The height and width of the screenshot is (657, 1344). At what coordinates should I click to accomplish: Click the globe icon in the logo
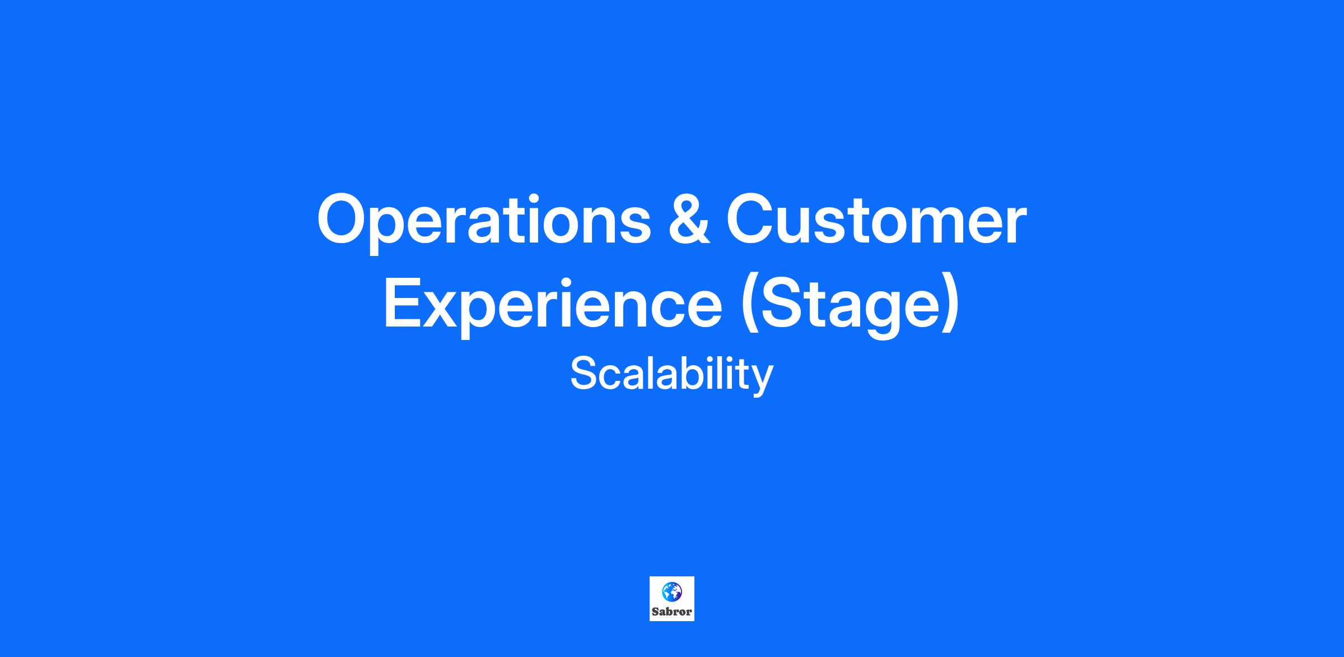(671, 591)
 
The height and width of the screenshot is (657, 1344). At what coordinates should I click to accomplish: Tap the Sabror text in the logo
(671, 612)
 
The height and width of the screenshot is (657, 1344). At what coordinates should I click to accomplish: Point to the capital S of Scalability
(585, 374)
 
